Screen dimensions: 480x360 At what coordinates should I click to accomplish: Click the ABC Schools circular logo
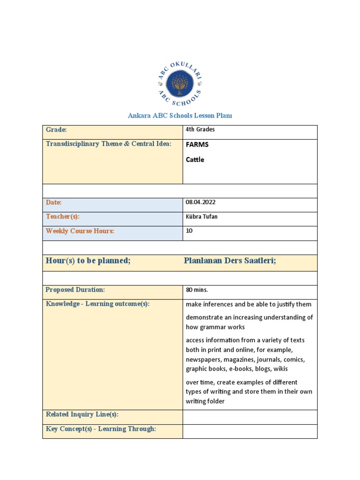[x=180, y=85]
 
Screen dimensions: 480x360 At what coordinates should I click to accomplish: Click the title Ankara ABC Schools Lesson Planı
[x=180, y=116]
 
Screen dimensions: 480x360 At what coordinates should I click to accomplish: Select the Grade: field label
[x=56, y=130]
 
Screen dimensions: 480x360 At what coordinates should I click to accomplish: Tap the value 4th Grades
[x=200, y=130]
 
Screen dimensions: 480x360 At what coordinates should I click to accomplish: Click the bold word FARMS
[x=197, y=145]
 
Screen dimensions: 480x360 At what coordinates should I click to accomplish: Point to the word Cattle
[x=195, y=159]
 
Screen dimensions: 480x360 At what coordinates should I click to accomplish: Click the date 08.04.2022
[x=201, y=202]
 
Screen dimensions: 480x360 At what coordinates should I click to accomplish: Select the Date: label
[x=54, y=202]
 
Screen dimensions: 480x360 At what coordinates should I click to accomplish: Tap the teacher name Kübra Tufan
[x=202, y=217]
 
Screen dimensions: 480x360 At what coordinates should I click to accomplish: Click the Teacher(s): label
[x=62, y=217]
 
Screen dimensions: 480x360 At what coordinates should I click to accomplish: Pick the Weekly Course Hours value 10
[x=189, y=231]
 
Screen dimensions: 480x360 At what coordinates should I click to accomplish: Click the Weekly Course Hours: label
[x=80, y=231]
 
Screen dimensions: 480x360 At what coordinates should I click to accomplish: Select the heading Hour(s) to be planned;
[x=88, y=261]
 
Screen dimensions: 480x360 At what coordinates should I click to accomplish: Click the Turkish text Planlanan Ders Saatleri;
[x=230, y=261]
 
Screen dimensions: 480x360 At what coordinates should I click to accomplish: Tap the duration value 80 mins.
[x=197, y=290]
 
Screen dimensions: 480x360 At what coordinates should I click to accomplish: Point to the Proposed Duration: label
[x=75, y=290]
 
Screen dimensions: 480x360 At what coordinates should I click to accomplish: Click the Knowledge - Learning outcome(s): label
[x=97, y=304]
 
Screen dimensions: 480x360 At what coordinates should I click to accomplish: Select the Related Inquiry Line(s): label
[x=82, y=414]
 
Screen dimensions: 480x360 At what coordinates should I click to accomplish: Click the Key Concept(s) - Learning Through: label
[x=101, y=429]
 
